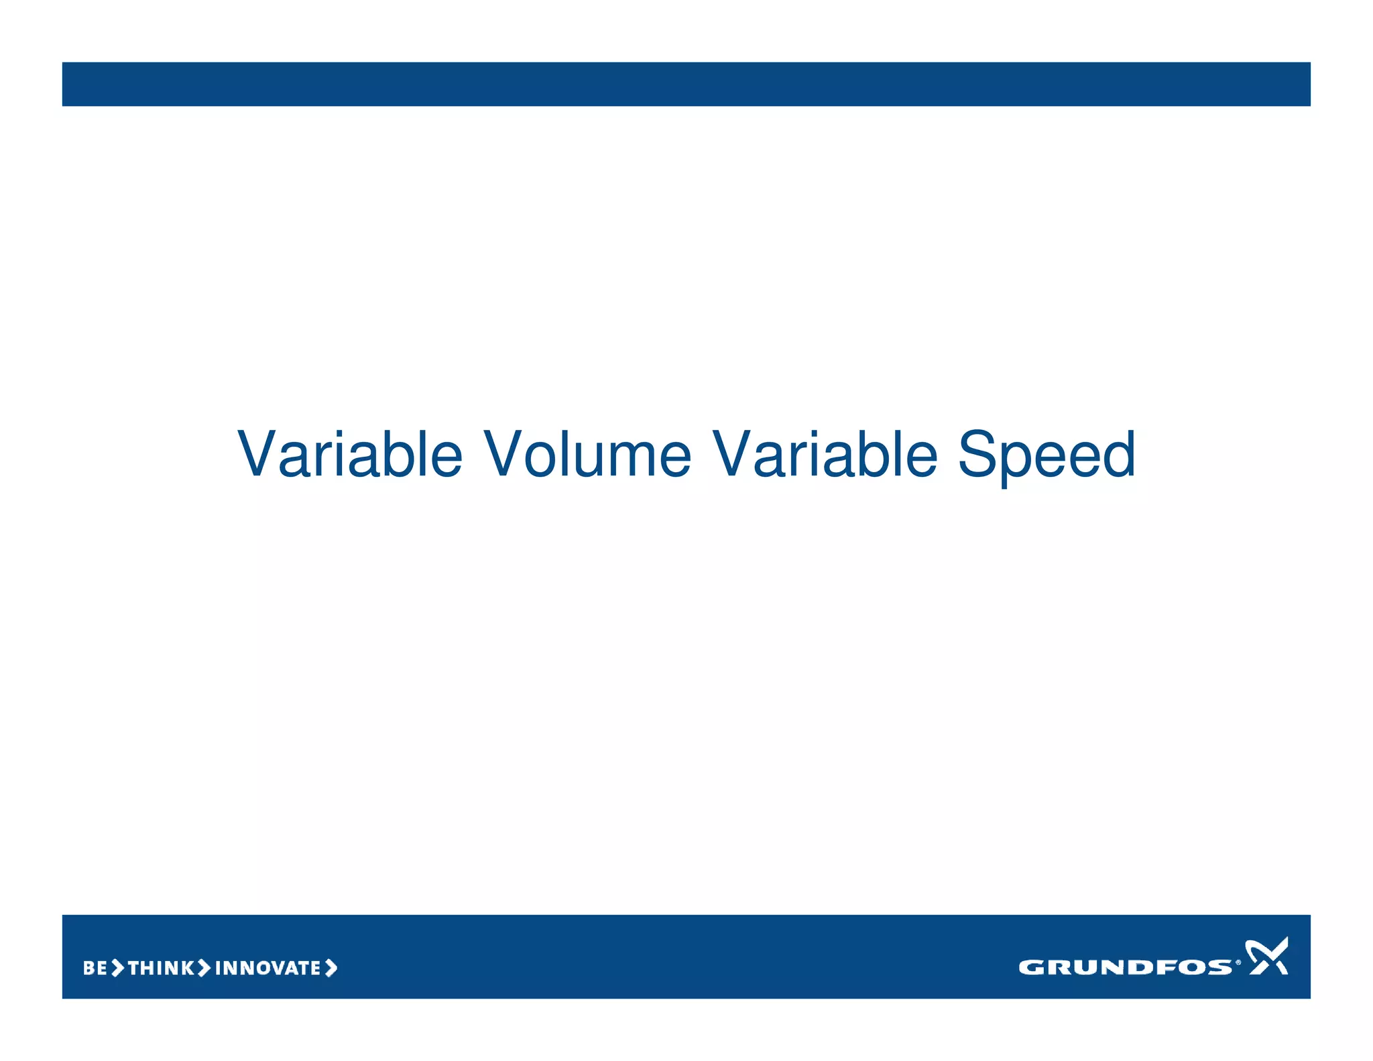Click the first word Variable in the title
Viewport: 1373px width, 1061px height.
(x=350, y=455)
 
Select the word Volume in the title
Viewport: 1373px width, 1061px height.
(x=587, y=455)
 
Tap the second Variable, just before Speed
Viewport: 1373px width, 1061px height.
(x=824, y=455)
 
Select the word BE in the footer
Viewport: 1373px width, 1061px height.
(x=95, y=968)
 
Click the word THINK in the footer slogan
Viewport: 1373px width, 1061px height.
(x=161, y=968)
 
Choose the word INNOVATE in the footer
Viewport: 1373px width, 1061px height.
(x=267, y=968)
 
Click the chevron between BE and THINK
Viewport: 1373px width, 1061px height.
(x=117, y=968)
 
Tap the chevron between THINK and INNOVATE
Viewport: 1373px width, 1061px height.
(x=204, y=968)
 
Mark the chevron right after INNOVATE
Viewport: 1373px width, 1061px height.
(x=331, y=968)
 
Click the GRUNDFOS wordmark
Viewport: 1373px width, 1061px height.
(x=1125, y=967)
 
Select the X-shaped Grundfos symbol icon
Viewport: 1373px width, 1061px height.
(x=1266, y=956)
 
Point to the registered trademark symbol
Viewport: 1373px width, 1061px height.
(x=1238, y=962)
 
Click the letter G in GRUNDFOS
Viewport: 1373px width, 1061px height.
(x=1030, y=967)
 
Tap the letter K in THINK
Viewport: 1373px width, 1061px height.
(x=187, y=968)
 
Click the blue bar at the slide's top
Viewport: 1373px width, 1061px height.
(x=686, y=84)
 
